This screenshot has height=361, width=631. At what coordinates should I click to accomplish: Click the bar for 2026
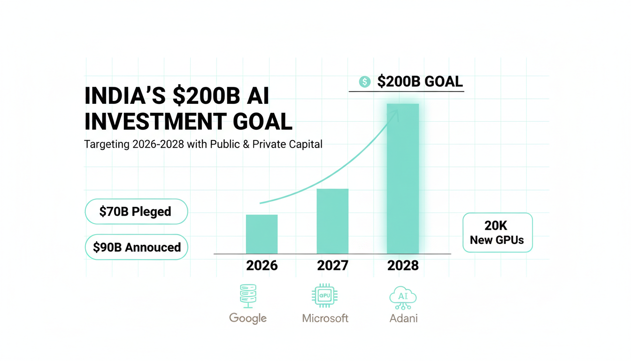pyautogui.click(x=262, y=234)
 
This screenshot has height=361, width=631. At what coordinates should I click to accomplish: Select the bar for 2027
pyautogui.click(x=332, y=221)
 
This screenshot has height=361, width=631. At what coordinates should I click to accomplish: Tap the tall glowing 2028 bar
pyautogui.click(x=403, y=179)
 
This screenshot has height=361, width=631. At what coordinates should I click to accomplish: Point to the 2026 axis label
pyautogui.click(x=262, y=266)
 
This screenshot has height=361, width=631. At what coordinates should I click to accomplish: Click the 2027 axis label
pyautogui.click(x=332, y=266)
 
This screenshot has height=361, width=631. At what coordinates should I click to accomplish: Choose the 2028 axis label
pyautogui.click(x=403, y=266)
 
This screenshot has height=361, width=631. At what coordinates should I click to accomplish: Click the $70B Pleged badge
pyautogui.click(x=136, y=212)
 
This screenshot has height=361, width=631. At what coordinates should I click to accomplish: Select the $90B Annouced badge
pyautogui.click(x=136, y=247)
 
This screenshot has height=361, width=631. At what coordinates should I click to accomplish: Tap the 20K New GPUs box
pyautogui.click(x=497, y=233)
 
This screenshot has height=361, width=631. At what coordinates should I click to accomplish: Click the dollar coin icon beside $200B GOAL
pyautogui.click(x=365, y=82)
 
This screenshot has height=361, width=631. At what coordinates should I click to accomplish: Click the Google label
pyautogui.click(x=248, y=318)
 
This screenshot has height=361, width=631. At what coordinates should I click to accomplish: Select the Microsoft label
pyautogui.click(x=325, y=318)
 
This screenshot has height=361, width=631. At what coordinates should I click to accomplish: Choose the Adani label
pyautogui.click(x=403, y=318)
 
